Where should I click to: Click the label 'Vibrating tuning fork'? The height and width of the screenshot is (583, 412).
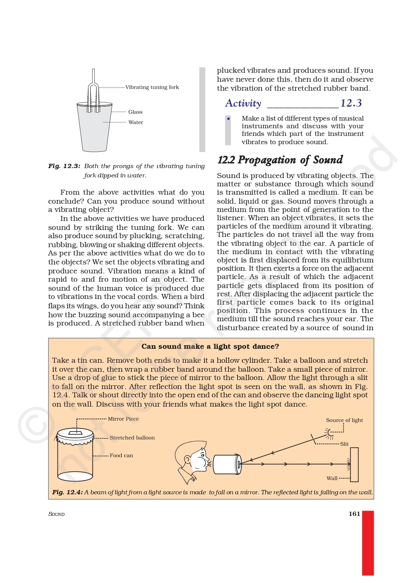[152, 87]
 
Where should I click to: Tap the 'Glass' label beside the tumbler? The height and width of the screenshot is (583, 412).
[135, 112]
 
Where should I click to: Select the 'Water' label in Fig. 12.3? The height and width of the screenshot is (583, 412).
[136, 122]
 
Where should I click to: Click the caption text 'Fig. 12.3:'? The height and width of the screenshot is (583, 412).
[64, 166]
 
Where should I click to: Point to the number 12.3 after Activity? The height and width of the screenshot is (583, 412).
[351, 103]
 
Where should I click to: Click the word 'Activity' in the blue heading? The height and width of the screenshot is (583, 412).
[243, 103]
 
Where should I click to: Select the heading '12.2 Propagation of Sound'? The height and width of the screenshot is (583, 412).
[280, 160]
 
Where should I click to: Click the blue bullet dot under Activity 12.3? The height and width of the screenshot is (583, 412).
[228, 119]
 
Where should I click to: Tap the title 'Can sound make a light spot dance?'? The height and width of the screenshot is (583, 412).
[210, 346]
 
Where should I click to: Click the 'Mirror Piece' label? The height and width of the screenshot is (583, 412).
[123, 419]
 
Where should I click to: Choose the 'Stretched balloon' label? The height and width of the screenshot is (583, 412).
[132, 438]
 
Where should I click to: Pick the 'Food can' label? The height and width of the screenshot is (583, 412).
[121, 455]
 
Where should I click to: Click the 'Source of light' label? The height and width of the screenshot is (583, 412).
[344, 420]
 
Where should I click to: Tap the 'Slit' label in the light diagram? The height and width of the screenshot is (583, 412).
[344, 444]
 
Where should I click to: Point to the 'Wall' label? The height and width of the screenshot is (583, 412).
[332, 478]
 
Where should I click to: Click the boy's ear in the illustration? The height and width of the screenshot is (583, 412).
[187, 460]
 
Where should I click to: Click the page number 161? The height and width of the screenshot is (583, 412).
[354, 514]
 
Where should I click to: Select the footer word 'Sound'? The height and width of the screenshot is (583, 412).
[56, 514]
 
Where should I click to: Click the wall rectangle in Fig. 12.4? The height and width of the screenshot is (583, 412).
[354, 464]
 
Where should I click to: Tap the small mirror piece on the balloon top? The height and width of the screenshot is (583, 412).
[75, 433]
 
